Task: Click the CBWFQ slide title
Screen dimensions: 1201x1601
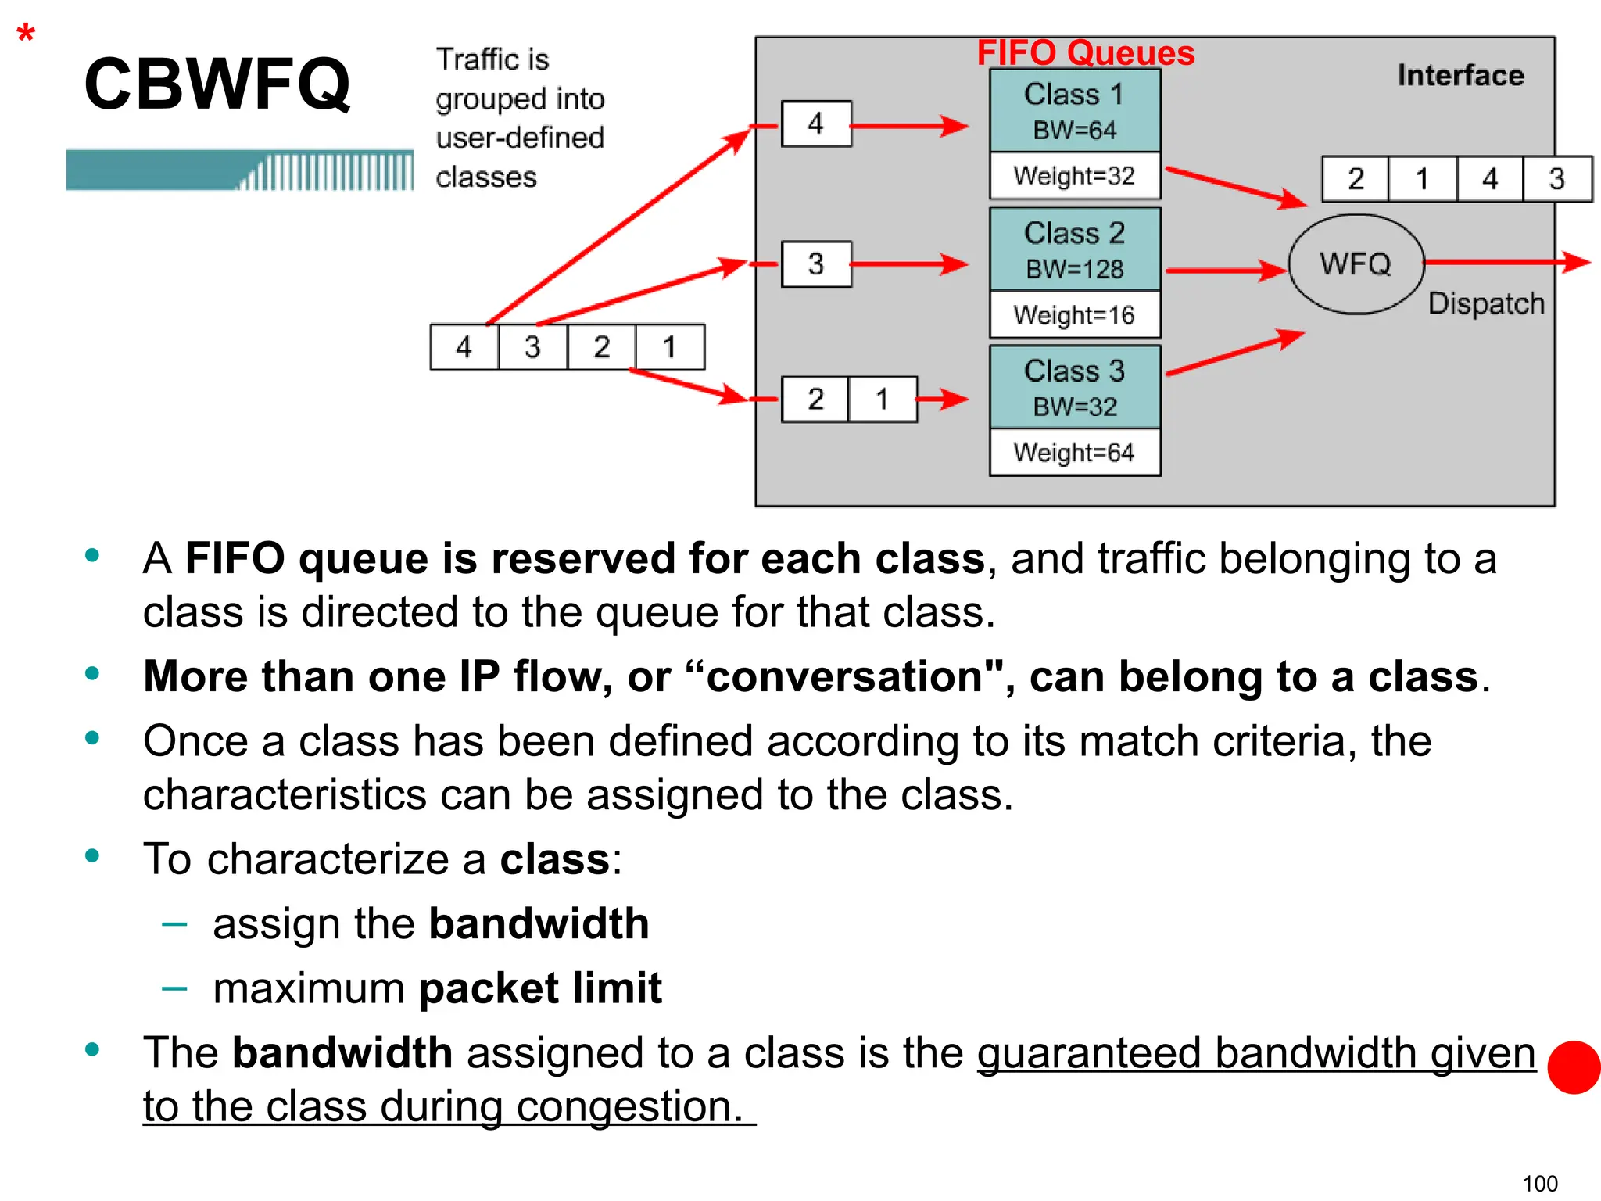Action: point(217,84)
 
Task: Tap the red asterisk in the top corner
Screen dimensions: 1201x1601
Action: point(26,35)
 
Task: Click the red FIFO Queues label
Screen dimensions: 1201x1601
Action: point(1085,53)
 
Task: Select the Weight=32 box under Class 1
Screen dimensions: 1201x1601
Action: point(1074,176)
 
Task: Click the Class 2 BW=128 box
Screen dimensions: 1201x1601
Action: point(1074,249)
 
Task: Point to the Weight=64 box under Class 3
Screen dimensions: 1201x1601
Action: point(1074,452)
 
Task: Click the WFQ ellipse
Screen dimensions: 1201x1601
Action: point(1356,264)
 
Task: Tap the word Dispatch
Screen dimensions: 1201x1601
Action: point(1485,303)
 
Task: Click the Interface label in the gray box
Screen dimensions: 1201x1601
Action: point(1460,75)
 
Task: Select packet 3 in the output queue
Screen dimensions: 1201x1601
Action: point(1556,179)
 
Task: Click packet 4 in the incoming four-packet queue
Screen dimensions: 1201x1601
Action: point(464,347)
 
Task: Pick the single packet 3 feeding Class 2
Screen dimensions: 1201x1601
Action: point(816,264)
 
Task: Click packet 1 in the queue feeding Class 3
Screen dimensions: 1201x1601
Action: point(882,400)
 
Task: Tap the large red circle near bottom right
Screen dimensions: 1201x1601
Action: point(1574,1067)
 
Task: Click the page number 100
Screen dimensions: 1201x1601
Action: point(1539,1184)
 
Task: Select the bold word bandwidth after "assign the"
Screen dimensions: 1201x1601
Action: point(539,923)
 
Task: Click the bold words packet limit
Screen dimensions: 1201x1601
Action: point(540,988)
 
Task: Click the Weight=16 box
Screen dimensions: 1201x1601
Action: point(1074,315)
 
